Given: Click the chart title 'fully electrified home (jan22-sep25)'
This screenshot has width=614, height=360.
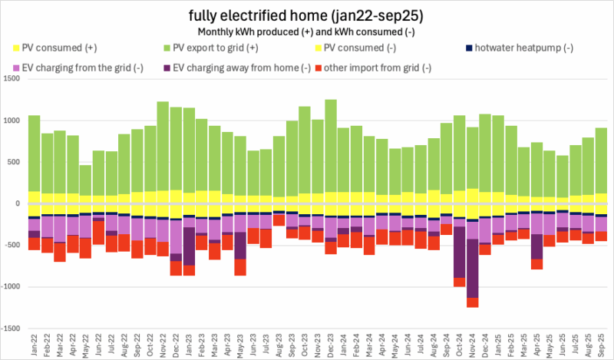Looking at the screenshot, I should pos(307,15).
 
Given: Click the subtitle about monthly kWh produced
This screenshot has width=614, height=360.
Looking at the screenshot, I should pos(307,32).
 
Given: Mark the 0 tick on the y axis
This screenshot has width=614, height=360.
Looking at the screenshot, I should pos(19,203).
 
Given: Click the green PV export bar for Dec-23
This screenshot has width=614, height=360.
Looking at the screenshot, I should pos(331,146).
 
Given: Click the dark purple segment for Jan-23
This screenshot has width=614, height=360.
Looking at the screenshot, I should pos(189,246).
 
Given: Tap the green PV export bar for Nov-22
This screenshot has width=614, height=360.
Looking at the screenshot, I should pos(163,146).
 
